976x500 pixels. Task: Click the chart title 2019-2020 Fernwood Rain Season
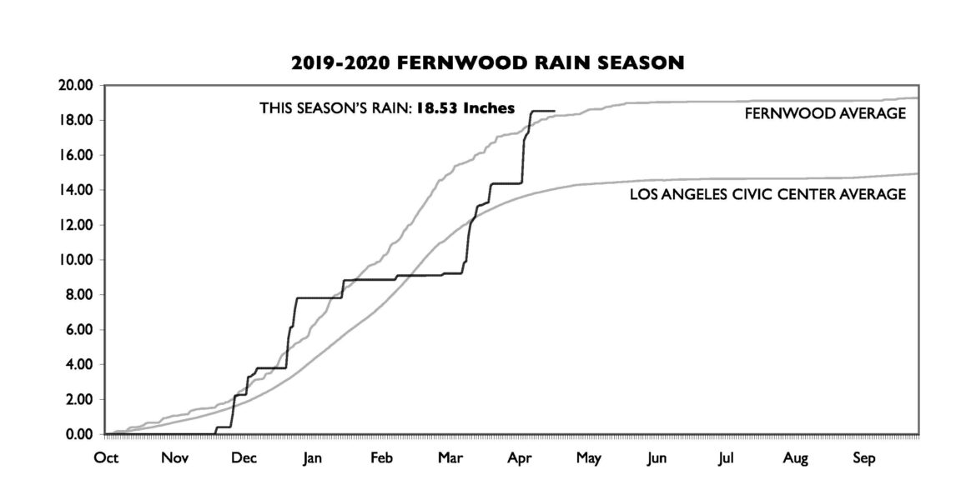(488, 62)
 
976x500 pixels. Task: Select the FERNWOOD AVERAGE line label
(825, 114)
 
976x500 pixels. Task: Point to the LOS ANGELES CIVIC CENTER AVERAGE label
(767, 195)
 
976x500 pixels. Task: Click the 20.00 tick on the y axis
(78, 85)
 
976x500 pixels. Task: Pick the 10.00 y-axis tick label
(78, 260)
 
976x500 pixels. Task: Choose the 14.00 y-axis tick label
(78, 190)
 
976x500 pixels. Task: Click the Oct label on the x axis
(107, 459)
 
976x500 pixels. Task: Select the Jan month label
(311, 459)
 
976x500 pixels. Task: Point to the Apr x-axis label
(520, 459)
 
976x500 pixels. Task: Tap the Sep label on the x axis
(864, 459)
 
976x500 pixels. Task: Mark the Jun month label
(657, 459)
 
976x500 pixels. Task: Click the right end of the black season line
(554, 111)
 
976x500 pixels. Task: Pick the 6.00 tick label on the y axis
(81, 330)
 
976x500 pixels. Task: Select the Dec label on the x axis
(243, 459)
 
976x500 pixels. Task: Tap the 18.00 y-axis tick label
(78, 120)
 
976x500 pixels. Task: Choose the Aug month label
(796, 459)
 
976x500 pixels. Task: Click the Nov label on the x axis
(174, 459)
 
